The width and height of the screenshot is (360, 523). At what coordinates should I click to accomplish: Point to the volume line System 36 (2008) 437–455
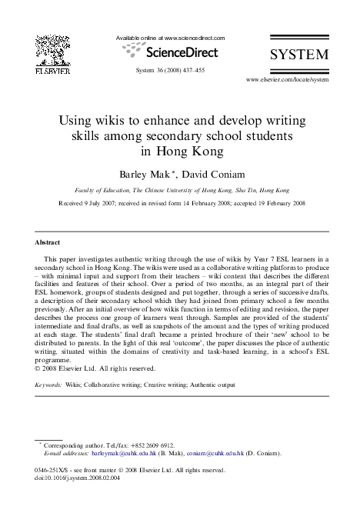[169, 69]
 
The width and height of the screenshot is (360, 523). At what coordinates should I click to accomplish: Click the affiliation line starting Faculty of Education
[180, 188]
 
